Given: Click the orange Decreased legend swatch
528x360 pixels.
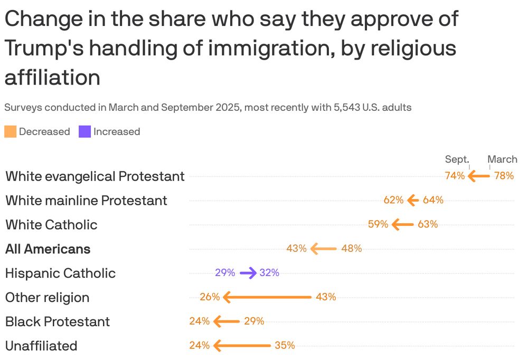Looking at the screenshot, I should [11, 131].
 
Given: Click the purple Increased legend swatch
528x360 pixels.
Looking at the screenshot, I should [84, 131].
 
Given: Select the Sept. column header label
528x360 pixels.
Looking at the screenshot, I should [457, 159].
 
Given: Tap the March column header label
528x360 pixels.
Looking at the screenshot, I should [502, 159].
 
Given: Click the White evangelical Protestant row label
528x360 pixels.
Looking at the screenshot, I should [95, 176].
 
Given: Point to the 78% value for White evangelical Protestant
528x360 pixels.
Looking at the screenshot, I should [504, 176].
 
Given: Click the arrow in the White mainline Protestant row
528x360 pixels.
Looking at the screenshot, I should [413, 200].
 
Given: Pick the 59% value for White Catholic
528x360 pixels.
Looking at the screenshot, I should [378, 224].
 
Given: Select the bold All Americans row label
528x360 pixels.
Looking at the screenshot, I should [48, 249].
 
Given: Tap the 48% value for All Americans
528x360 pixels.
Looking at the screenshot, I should [352, 249].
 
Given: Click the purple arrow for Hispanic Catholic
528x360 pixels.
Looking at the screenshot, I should [248, 273].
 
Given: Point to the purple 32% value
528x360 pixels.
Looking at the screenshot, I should [269, 273].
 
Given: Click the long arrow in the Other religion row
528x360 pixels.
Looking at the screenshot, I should [267, 297].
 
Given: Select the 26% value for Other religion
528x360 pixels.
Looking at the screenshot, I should [210, 297].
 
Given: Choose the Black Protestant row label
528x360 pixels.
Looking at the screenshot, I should [58, 322].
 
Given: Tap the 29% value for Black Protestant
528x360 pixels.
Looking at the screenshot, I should [254, 321].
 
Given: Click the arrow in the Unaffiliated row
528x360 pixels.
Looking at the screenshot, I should [242, 346].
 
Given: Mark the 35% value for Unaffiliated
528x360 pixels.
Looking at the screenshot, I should [285, 346].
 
